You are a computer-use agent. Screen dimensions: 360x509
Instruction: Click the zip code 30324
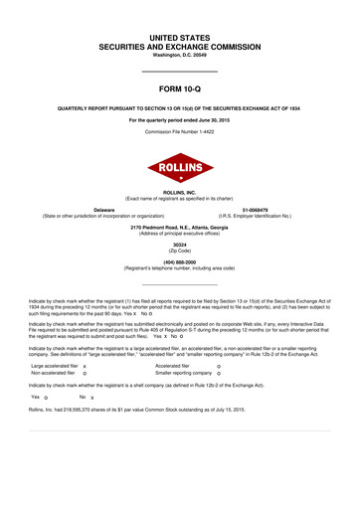coord(180,246)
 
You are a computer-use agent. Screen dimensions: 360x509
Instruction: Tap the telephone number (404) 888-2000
coord(180,262)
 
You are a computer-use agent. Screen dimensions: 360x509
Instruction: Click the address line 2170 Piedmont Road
coord(180,228)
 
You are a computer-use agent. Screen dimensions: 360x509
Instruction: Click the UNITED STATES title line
coord(180,36)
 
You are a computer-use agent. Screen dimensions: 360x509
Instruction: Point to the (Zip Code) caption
coord(180,252)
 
